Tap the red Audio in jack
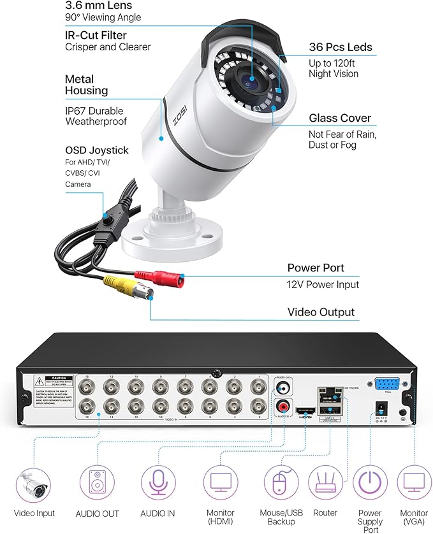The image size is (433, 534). [283, 406]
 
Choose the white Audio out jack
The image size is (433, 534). [283, 386]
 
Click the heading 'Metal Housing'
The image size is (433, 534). [86, 85]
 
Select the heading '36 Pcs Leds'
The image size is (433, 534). [341, 47]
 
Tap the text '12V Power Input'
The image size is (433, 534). [323, 285]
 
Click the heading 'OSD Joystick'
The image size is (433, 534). [96, 150]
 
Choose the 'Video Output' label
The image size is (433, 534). [321, 312]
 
